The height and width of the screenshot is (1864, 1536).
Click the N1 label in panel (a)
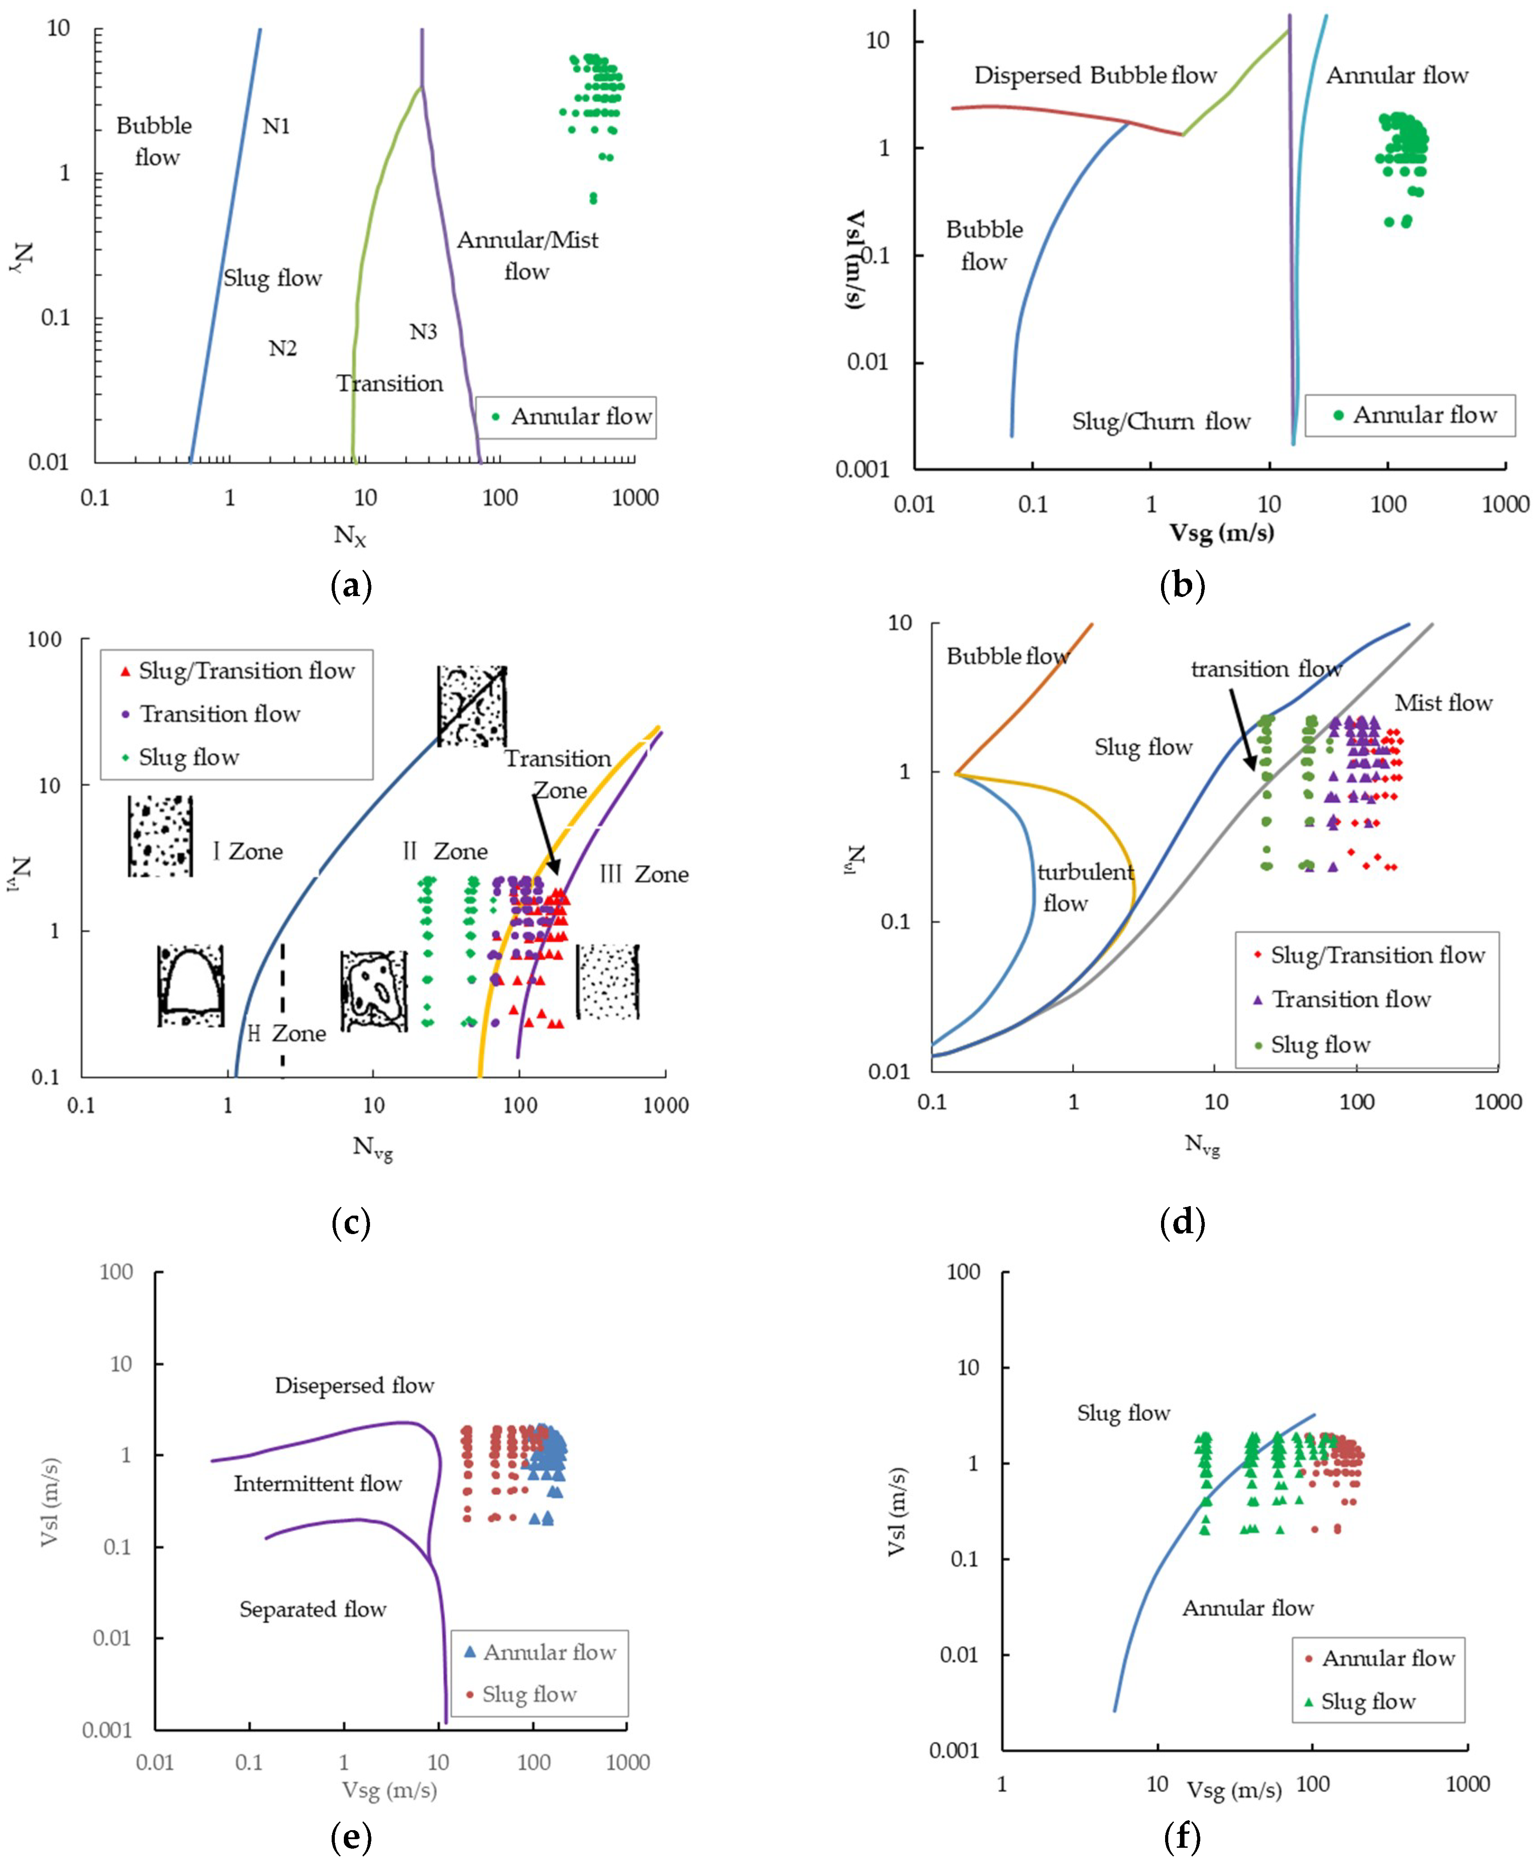[x=276, y=126]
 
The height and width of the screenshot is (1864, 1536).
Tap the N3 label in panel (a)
[x=423, y=332]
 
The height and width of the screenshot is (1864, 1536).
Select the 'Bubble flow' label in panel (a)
[x=155, y=142]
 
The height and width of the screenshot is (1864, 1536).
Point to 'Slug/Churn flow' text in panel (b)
[x=1161, y=421]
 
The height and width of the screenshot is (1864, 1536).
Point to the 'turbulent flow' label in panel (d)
[x=1085, y=887]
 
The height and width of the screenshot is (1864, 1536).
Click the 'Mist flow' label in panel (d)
[x=1443, y=703]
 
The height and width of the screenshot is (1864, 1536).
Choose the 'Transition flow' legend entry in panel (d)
[x=1350, y=999]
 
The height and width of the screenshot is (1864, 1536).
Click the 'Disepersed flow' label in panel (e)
[x=354, y=1385]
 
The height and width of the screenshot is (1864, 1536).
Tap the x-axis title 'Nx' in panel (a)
[x=350, y=534]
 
